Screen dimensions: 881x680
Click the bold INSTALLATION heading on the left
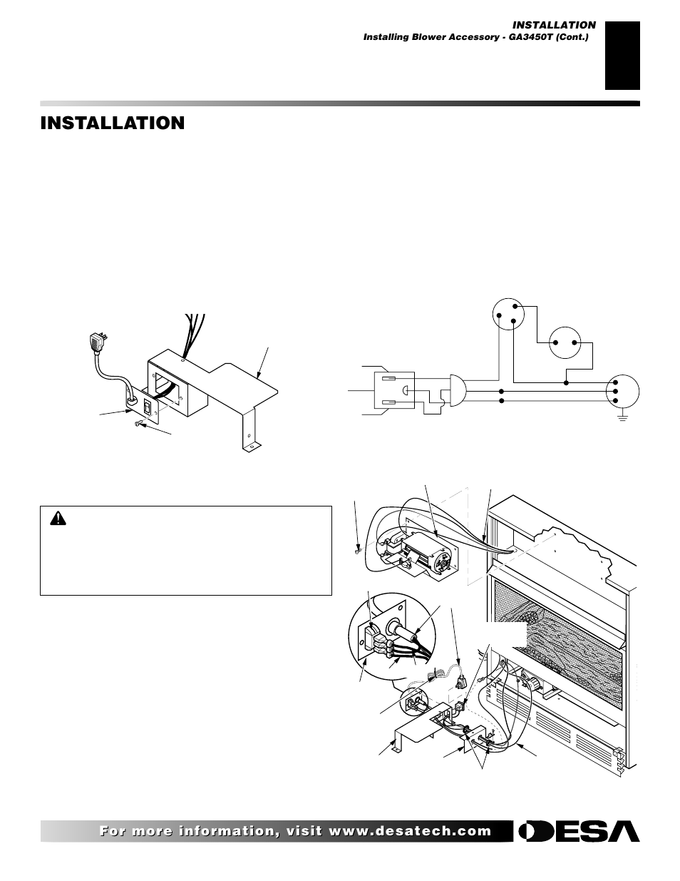tap(113, 123)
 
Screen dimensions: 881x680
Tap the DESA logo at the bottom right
tap(579, 831)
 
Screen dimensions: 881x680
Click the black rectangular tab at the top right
tap(622, 56)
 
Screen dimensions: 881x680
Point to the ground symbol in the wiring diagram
tap(622, 416)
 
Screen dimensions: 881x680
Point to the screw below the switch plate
tap(138, 424)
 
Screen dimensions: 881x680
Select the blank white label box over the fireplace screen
tap(506, 633)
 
